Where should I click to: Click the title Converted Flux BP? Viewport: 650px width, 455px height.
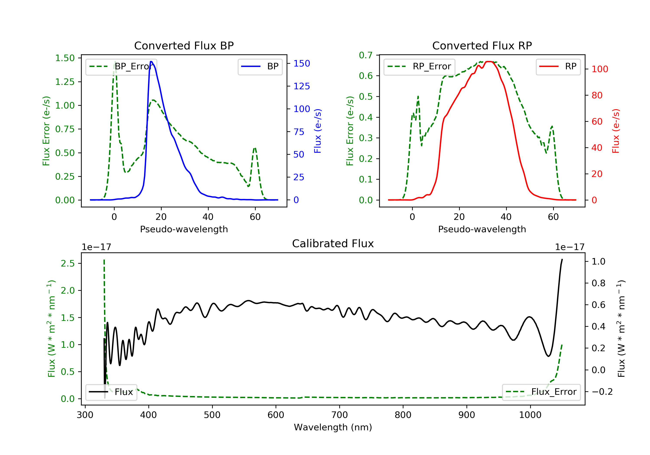pyautogui.click(x=184, y=45)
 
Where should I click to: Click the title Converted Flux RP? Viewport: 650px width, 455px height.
pyautogui.click(x=482, y=45)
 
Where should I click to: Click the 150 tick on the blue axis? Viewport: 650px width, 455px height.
pyautogui.click(x=302, y=63)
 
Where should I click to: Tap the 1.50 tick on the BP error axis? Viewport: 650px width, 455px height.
pyautogui.click(x=65, y=58)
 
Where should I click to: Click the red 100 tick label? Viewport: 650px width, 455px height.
pyautogui.click(x=600, y=69)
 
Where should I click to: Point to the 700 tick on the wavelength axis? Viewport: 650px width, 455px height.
pyautogui.click(x=339, y=415)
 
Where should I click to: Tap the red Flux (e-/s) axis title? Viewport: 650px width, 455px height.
pyautogui.click(x=616, y=131)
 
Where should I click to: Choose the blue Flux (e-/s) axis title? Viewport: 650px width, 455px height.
pyautogui.click(x=318, y=131)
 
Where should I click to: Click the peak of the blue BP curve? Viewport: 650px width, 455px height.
pyautogui.click(x=151, y=62)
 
